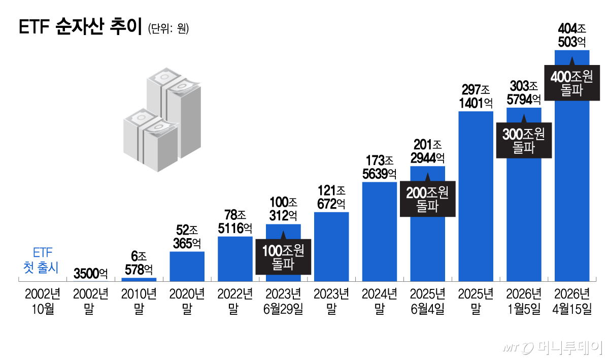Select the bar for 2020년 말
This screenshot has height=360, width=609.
click(187, 266)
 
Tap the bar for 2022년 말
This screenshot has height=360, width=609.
click(235, 258)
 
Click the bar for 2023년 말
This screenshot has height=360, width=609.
click(331, 246)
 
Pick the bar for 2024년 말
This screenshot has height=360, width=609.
click(379, 231)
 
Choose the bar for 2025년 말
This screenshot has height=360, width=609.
click(476, 195)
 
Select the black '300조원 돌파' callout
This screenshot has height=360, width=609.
click(523, 141)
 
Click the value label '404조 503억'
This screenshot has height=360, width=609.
click(572, 35)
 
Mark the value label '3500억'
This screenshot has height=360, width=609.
click(91, 274)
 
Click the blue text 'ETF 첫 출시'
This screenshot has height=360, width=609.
click(42, 259)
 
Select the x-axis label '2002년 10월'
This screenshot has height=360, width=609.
click(43, 301)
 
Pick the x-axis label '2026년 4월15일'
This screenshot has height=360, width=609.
click(572, 301)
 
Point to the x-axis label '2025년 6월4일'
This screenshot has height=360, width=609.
click(427, 301)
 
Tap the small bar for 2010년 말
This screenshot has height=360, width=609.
click(139, 279)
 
